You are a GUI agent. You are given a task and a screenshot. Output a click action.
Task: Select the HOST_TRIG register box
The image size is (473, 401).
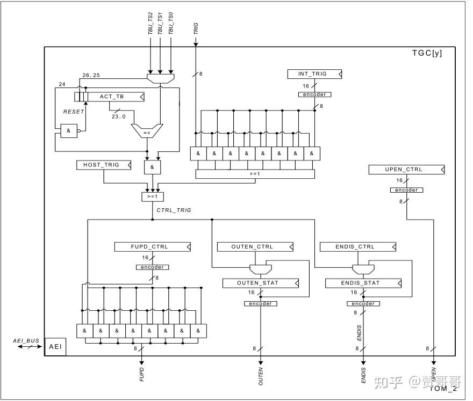104,165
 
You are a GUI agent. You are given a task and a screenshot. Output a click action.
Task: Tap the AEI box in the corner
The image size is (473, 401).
55,347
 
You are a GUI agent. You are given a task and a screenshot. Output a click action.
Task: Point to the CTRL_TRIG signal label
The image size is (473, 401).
174,210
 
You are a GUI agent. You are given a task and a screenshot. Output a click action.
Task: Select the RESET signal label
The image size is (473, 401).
74,112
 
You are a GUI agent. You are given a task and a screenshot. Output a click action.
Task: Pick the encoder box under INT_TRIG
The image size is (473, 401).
314,94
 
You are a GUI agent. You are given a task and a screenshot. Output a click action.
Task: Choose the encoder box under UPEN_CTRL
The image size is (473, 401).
406,190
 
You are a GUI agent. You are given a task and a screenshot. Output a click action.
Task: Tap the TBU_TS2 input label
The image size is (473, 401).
150,24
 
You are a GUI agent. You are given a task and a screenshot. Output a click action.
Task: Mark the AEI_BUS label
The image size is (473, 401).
26,340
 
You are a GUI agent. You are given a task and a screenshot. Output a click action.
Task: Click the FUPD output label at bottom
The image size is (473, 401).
142,374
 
